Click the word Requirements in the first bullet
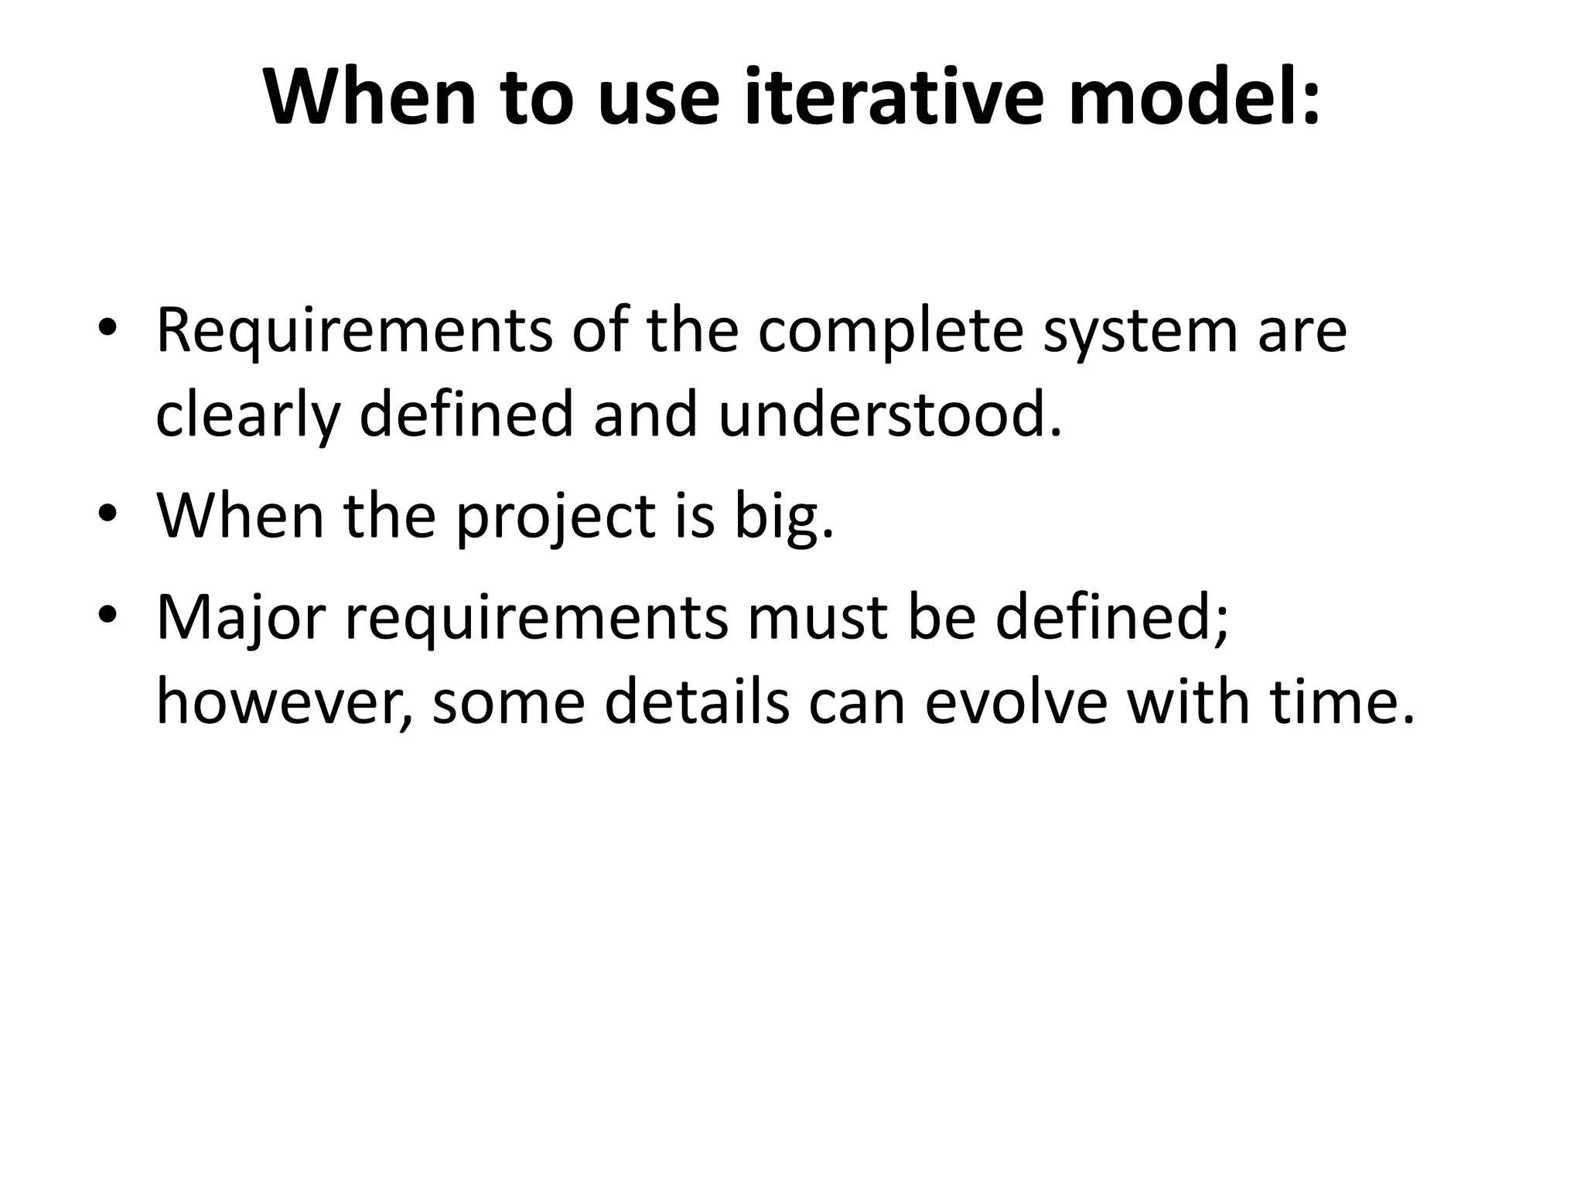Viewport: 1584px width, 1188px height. click(354, 332)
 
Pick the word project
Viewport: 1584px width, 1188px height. click(555, 517)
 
